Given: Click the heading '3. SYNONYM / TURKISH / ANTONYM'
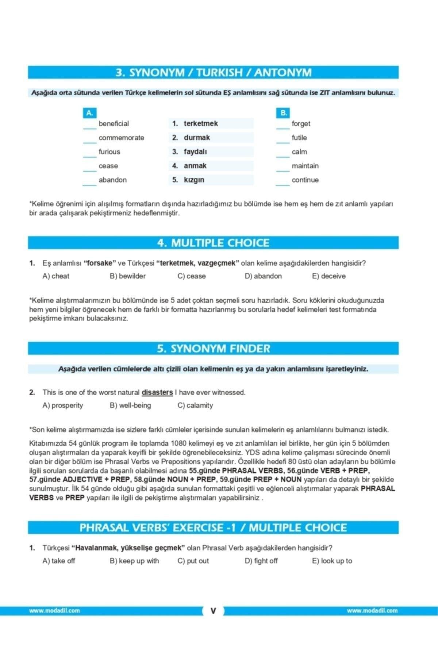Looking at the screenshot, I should tap(214, 73).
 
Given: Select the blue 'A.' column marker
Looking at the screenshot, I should tap(89, 113).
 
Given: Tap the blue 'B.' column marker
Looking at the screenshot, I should tap(284, 113).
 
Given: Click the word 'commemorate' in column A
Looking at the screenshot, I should tap(121, 138).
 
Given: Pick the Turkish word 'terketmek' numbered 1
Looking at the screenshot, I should tap(201, 123).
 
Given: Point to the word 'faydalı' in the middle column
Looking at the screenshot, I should tap(195, 151).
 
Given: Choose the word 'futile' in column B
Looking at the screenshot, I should tap(299, 138).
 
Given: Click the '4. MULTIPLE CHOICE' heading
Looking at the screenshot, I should tap(214, 243).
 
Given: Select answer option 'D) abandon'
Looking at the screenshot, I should tap(263, 276).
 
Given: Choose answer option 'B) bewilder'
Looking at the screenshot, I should tap(128, 276).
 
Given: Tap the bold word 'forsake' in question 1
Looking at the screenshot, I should tap(100, 263).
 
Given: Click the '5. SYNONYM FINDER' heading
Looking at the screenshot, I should tap(214, 349).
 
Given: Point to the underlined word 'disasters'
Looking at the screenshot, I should tap(157, 392).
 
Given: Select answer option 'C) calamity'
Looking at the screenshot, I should tap(195, 405).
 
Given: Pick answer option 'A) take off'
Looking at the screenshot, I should tap(59, 561).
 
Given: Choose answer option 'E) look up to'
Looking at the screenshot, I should tap(332, 561).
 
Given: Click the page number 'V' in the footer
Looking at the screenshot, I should tap(214, 611).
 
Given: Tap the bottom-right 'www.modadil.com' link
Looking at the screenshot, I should tap(372, 611).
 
